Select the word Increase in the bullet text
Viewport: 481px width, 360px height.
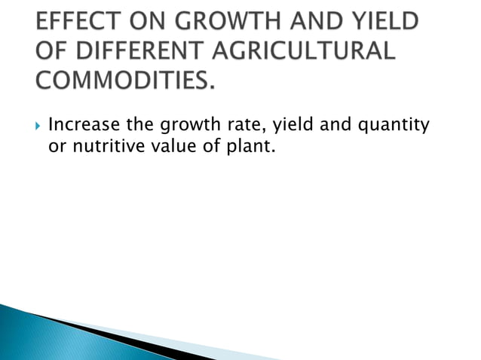click(x=81, y=124)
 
